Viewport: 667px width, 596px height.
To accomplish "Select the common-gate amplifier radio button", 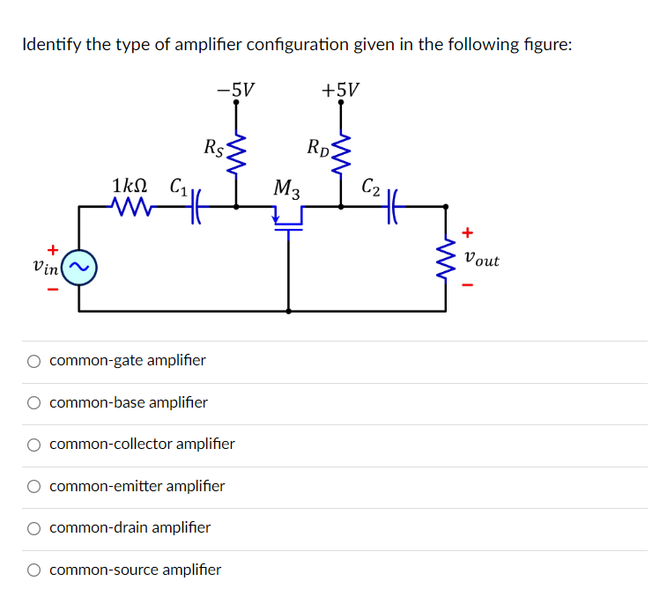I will point(33,361).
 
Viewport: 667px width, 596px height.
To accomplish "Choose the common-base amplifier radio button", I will point(33,403).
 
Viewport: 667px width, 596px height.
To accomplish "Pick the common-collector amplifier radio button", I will point(33,445).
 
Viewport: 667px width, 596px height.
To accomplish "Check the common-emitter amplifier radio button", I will point(33,486).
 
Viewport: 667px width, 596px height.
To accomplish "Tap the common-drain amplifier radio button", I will point(33,528).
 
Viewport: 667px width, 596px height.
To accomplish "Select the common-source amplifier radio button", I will point(33,570).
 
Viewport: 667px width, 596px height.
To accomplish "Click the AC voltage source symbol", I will point(78,267).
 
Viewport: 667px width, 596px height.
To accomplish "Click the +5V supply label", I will point(340,90).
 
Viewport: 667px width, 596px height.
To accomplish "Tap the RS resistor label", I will point(213,147).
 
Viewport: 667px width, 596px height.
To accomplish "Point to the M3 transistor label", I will point(286,188).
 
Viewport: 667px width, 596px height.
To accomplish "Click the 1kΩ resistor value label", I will point(130,187).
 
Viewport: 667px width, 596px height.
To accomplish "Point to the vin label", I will point(44,267).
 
